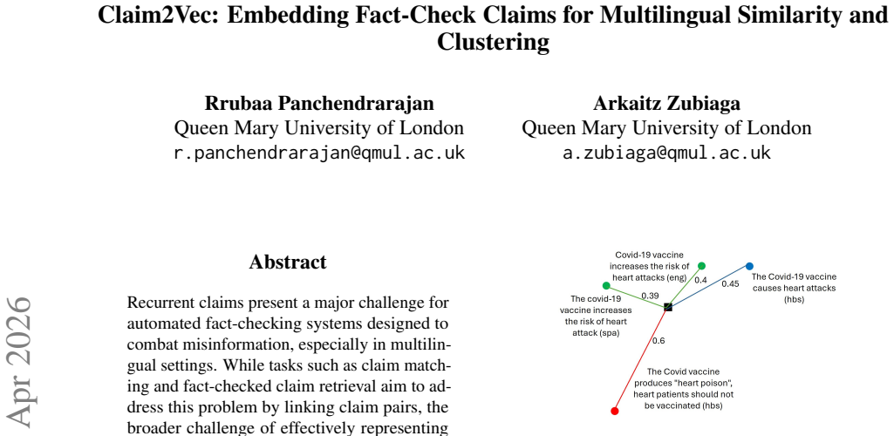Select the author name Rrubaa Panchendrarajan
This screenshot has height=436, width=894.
click(x=319, y=103)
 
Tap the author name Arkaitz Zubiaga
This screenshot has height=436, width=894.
click(x=666, y=103)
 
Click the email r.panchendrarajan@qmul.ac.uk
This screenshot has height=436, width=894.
click(x=319, y=153)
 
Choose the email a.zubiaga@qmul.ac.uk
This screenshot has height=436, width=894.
click(x=666, y=153)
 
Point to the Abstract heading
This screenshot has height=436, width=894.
click(x=288, y=262)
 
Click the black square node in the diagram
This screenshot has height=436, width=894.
click(x=668, y=307)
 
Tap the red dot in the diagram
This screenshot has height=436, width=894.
click(x=615, y=411)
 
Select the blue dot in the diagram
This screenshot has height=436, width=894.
click(x=750, y=266)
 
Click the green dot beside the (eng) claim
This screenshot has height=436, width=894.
click(x=702, y=266)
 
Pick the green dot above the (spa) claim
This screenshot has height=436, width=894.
click(x=606, y=285)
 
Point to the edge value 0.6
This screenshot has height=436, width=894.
click(x=658, y=341)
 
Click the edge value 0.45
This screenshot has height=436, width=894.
click(x=730, y=283)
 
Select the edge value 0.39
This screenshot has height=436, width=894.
click(x=650, y=296)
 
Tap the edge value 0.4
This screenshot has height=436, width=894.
click(x=700, y=280)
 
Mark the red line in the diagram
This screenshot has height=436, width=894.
click(x=641, y=359)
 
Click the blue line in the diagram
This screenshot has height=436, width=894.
click(x=709, y=287)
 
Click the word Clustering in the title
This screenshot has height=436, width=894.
click(x=493, y=42)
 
